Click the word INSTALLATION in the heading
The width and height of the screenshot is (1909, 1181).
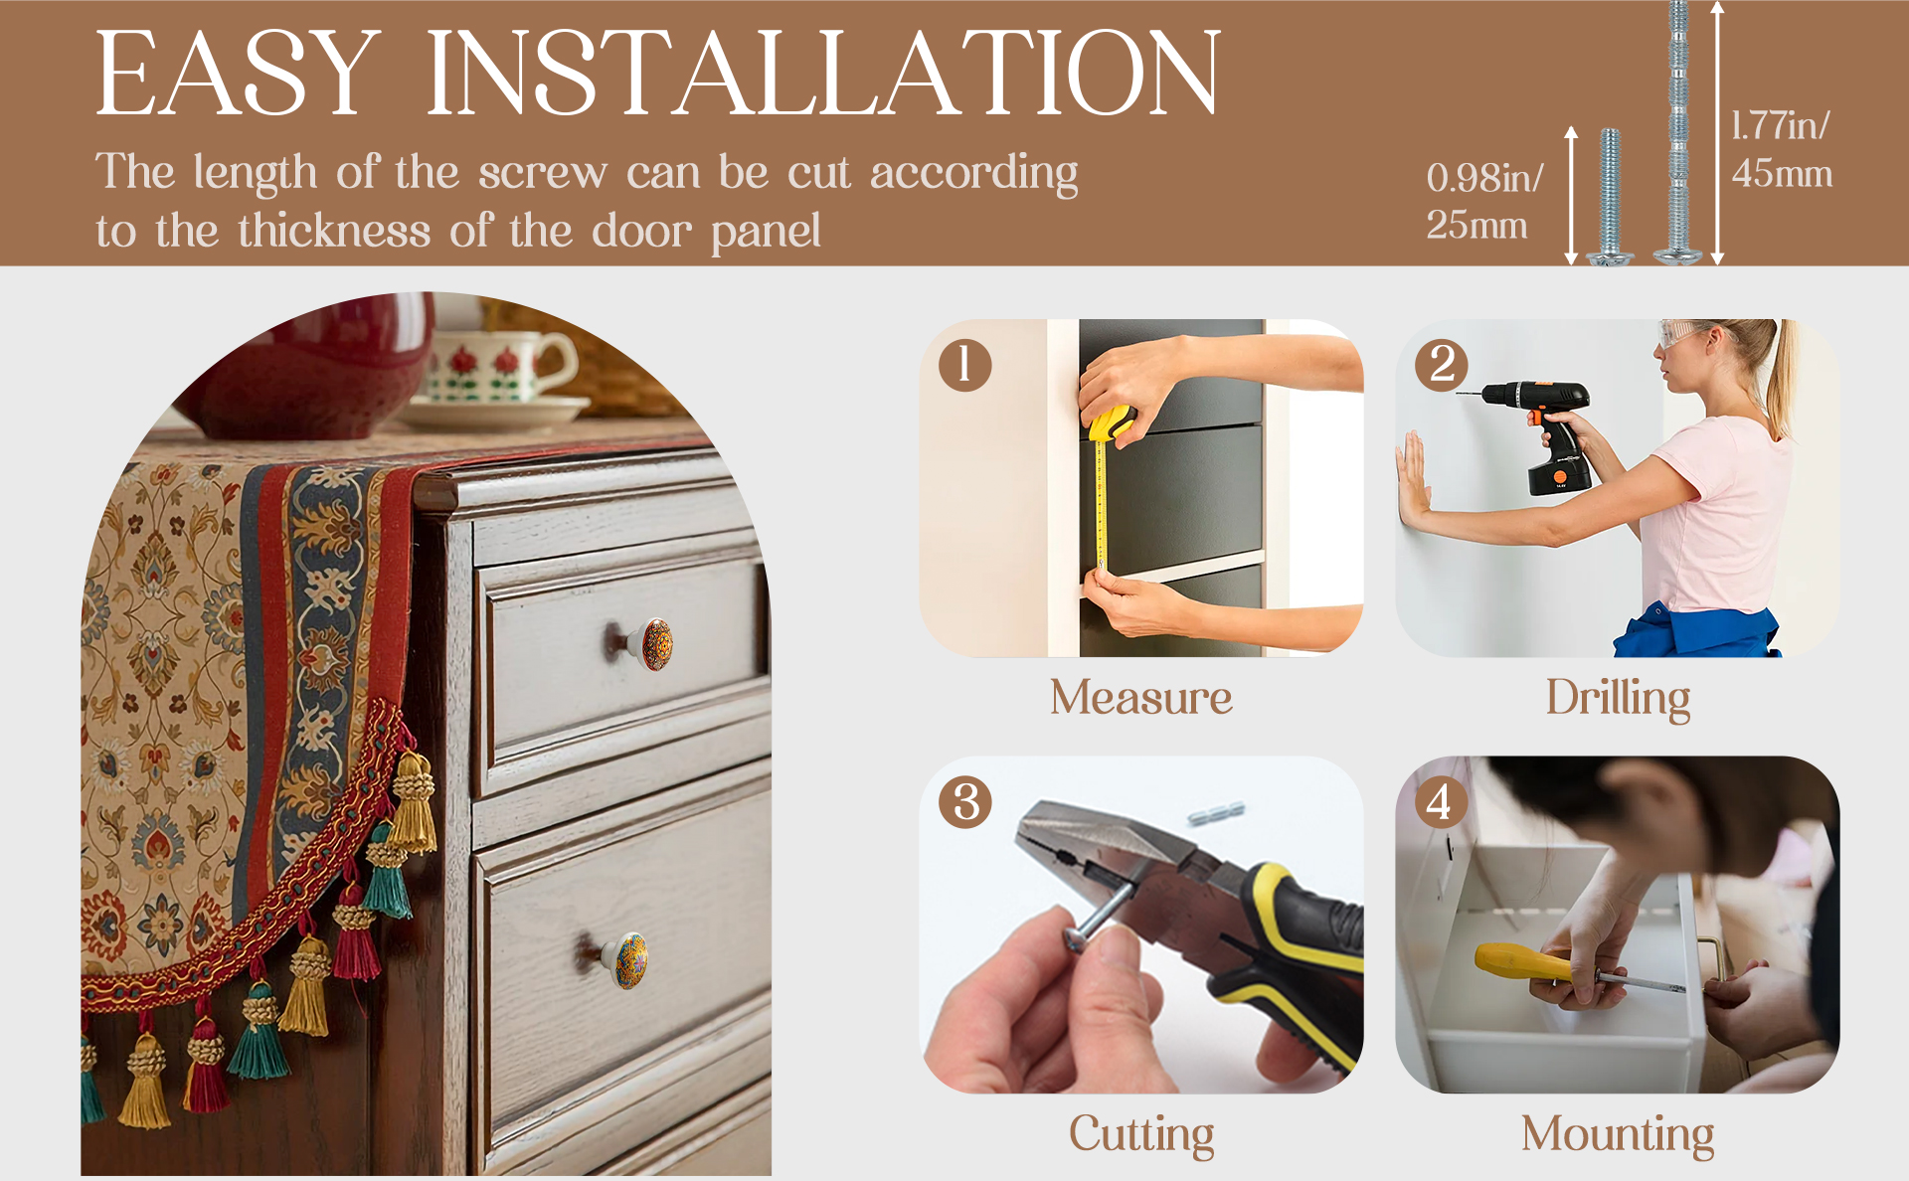click(823, 73)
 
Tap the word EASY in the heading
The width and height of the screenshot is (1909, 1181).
click(239, 73)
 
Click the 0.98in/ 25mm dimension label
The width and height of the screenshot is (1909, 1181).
click(1484, 201)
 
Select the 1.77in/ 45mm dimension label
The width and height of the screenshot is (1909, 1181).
click(1781, 149)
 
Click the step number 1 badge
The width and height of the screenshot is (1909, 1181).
click(964, 365)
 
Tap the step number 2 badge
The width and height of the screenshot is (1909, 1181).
click(1442, 365)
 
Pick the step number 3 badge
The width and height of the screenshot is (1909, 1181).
click(965, 802)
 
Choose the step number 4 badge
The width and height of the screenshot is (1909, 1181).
click(1441, 802)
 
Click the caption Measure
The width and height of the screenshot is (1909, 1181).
click(1141, 697)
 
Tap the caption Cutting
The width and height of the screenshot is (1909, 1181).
click(1141, 1135)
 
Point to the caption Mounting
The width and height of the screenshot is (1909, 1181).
click(1618, 1135)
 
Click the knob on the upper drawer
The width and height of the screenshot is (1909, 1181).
click(645, 643)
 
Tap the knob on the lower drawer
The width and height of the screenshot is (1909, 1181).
click(621, 959)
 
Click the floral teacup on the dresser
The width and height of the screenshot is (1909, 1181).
click(497, 366)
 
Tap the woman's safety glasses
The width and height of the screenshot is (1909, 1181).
click(1683, 335)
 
